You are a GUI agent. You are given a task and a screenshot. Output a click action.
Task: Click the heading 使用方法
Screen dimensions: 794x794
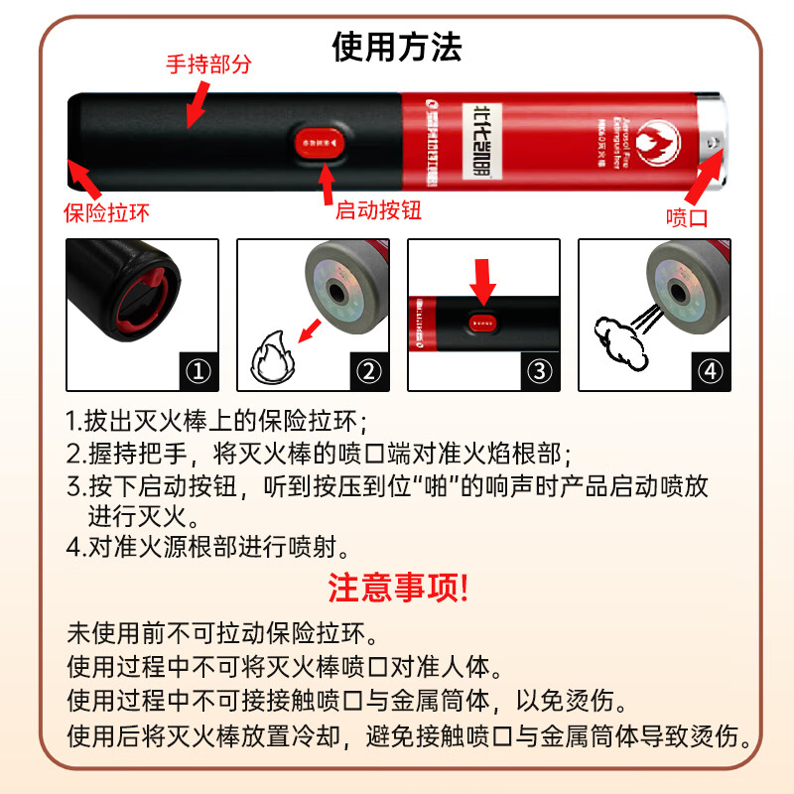397,47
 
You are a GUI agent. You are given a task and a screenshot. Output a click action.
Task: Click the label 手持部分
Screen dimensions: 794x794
208,65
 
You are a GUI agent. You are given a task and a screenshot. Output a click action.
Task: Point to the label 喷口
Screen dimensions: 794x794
687,217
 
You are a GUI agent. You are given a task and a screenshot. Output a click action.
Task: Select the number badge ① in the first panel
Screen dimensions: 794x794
199,372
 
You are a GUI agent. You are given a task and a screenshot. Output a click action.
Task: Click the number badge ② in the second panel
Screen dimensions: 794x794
368,372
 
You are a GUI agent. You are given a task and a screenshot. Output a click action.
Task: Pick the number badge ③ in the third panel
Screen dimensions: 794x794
539,372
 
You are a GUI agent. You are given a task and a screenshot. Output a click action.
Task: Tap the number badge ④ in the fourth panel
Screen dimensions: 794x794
709,372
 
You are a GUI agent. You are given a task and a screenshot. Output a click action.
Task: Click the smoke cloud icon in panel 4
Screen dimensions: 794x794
615,339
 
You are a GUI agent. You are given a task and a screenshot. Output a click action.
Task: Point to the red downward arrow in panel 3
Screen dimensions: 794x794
483,281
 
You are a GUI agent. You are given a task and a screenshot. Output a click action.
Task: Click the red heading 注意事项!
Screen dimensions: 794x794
397,588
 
